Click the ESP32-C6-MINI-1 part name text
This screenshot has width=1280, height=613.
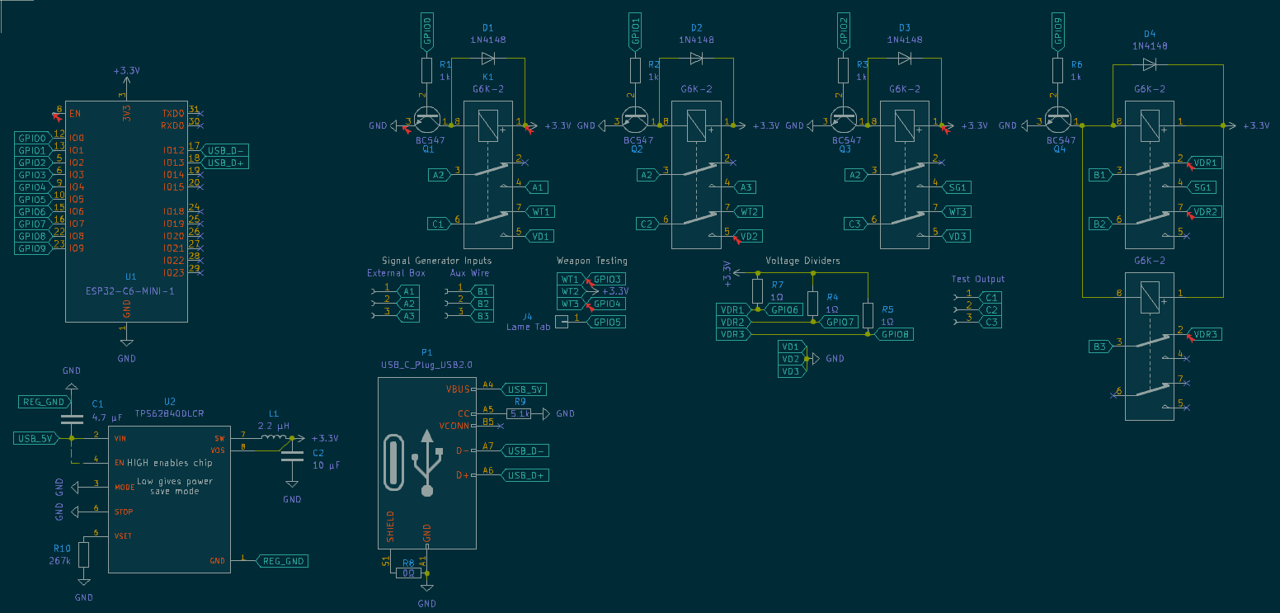click(x=130, y=290)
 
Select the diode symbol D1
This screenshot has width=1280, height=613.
click(x=488, y=59)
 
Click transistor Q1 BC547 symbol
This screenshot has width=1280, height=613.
click(x=427, y=123)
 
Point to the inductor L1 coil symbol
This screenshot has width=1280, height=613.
click(x=275, y=438)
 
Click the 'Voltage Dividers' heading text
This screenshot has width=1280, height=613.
click(x=802, y=261)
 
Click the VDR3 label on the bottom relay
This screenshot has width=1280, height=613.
click(x=1206, y=334)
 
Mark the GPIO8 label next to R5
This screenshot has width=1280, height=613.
click(x=896, y=334)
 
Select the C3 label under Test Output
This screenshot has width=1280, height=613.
click(x=992, y=322)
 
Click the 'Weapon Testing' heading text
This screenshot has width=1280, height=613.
click(x=591, y=261)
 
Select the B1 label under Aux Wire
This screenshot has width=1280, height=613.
click(x=484, y=291)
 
